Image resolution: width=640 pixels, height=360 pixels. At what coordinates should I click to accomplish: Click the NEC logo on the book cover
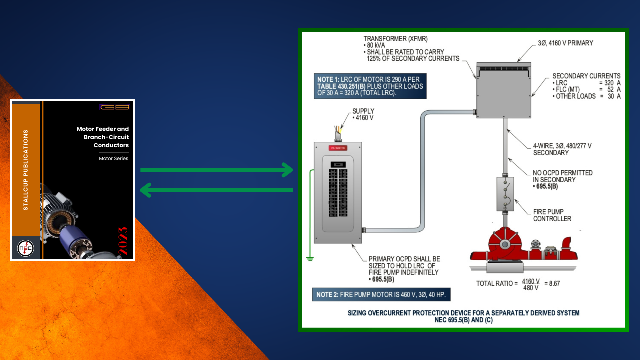(25, 248)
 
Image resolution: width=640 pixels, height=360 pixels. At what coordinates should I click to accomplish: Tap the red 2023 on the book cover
(123, 241)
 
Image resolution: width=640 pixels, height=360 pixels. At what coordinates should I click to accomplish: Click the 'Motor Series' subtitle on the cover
(113, 158)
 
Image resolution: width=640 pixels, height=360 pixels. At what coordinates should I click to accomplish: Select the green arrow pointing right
(217, 170)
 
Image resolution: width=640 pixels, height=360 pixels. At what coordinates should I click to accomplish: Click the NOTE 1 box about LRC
(370, 86)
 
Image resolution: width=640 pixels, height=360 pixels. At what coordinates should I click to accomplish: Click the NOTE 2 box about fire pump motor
(381, 295)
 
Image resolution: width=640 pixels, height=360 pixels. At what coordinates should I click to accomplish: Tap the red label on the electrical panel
(338, 148)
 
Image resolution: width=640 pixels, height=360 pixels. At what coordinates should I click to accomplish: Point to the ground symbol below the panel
(310, 259)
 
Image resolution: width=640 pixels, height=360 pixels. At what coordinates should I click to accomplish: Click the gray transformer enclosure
(504, 92)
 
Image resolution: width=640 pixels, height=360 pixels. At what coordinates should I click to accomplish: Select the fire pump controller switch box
(505, 194)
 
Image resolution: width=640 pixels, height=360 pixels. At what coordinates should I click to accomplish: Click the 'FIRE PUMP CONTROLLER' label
(552, 215)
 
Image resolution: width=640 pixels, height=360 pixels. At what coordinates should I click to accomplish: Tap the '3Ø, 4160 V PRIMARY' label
(565, 43)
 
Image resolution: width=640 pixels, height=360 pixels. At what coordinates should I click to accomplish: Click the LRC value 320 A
(612, 83)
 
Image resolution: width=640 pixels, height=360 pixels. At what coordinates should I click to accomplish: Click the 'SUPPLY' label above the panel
(363, 111)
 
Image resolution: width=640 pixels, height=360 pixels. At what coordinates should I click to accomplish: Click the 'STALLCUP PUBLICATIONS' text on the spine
(26, 170)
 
